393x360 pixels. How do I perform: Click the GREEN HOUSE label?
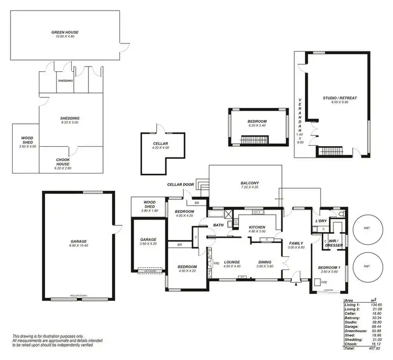pyautogui.click(x=65, y=32)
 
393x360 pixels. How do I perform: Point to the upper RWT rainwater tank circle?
pyautogui.click(x=367, y=228)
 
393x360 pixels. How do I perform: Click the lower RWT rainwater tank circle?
pyautogui.click(x=367, y=266)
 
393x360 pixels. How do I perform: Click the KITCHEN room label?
pyautogui.click(x=257, y=227)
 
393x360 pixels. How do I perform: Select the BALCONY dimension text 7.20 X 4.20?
pyautogui.click(x=250, y=187)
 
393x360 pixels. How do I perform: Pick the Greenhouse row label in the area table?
pyautogui.click(x=353, y=330)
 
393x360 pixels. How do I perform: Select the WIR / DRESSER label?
pyautogui.click(x=334, y=243)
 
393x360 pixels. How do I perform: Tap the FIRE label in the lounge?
pyautogui.click(x=216, y=263)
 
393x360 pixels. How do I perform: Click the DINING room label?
pyautogui.click(x=265, y=262)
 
